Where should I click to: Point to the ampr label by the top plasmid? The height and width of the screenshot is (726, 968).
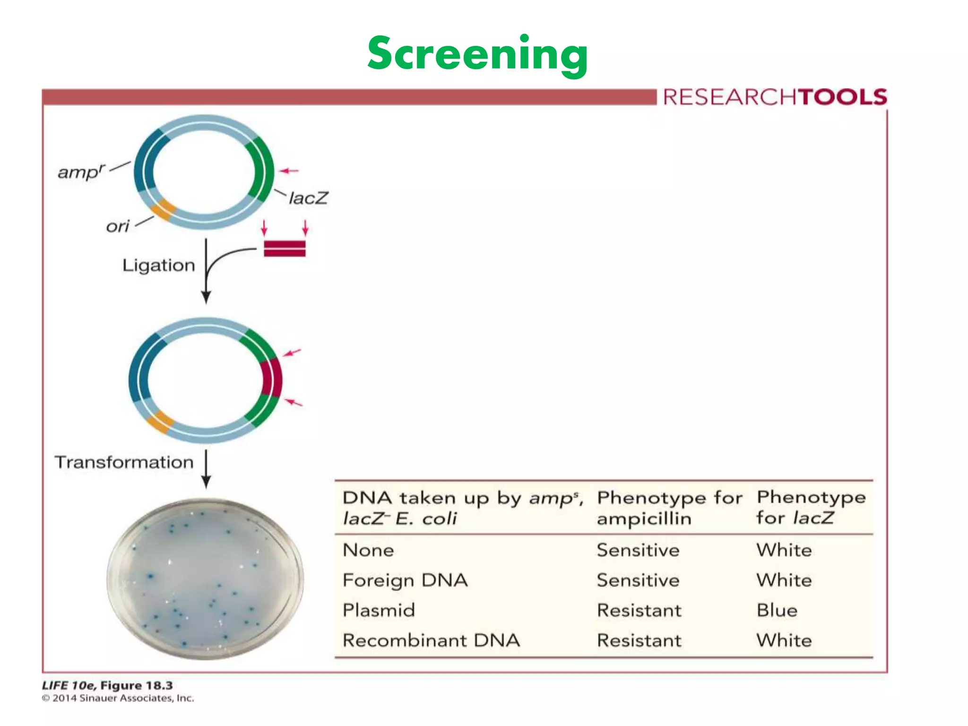(81, 172)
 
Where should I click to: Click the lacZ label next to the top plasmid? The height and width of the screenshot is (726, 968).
(308, 198)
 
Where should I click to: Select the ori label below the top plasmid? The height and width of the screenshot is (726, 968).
(117, 226)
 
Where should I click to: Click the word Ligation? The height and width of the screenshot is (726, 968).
(158, 265)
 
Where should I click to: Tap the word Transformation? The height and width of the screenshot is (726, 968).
(124, 462)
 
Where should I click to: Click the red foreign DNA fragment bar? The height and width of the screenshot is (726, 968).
(285, 248)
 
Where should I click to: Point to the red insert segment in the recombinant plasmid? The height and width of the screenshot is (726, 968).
(272, 378)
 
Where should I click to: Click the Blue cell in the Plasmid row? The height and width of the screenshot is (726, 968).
(777, 610)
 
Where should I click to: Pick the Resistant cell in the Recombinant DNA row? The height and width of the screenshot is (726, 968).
(639, 640)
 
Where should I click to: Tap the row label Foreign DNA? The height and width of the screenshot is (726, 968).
(405, 580)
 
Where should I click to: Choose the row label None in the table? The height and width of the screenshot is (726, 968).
(368, 550)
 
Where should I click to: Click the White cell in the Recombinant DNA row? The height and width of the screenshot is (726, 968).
(784, 640)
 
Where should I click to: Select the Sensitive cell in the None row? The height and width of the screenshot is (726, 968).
(638, 550)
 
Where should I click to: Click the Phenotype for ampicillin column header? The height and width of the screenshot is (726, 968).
(669, 508)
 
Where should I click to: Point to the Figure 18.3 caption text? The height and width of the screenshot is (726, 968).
(107, 685)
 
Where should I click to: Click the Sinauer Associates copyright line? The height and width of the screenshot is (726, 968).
(118, 698)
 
